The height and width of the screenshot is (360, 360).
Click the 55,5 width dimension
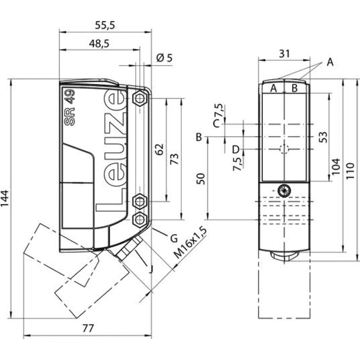tap(105, 25)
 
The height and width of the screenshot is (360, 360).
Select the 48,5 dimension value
tap(99, 44)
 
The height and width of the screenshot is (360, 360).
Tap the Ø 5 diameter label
tap(164, 58)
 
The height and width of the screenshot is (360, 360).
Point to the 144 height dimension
tap(5, 199)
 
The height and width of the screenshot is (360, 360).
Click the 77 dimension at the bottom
tap(88, 328)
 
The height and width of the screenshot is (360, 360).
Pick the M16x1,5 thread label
tap(190, 242)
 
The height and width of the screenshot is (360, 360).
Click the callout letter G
tap(174, 239)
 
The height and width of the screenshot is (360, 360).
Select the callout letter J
tap(151, 269)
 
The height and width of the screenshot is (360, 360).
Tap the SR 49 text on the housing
tap(70, 107)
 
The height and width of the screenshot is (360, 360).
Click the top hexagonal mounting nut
tap(140, 99)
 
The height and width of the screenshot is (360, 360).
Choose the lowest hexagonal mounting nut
tap(140, 220)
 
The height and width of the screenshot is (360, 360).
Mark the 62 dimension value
tap(160, 149)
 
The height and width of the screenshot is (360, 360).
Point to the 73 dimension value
tap(174, 159)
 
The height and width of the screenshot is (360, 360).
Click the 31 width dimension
tap(284, 54)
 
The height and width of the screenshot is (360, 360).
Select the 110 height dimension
tap(350, 171)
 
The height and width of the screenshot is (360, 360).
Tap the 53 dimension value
tap(323, 137)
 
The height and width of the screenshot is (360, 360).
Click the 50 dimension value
tap(200, 179)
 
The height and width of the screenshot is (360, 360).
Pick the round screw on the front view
tap(284, 191)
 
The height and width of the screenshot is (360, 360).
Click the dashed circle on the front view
tap(284, 149)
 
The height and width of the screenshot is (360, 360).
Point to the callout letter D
tap(236, 149)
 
